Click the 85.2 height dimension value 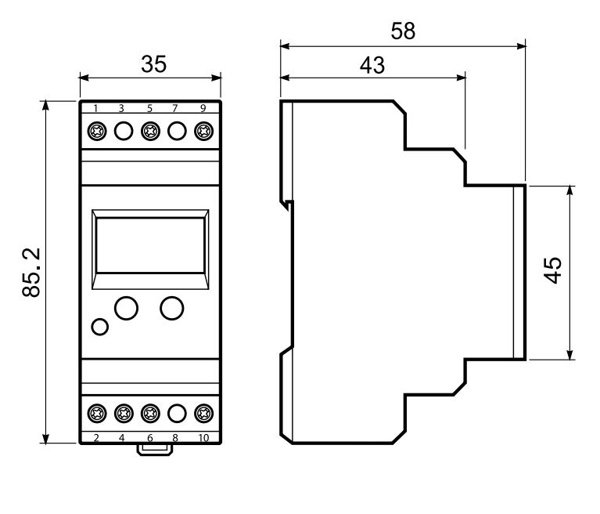tap(31, 272)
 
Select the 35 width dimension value tap(154, 64)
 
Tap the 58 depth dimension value tap(403, 31)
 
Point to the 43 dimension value tap(372, 65)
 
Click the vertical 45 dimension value tap(552, 271)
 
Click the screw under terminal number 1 tap(96, 130)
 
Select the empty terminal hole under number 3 tap(123, 130)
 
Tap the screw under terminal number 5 tap(149, 130)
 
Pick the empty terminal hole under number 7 tap(177, 130)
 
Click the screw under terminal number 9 tap(203, 130)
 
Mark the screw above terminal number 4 tap(123, 412)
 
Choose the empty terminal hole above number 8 tap(177, 412)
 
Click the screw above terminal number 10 tap(203, 412)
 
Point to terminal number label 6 tap(149, 437)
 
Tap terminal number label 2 tap(96, 437)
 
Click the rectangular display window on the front tap(150, 244)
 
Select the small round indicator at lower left tap(99, 327)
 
